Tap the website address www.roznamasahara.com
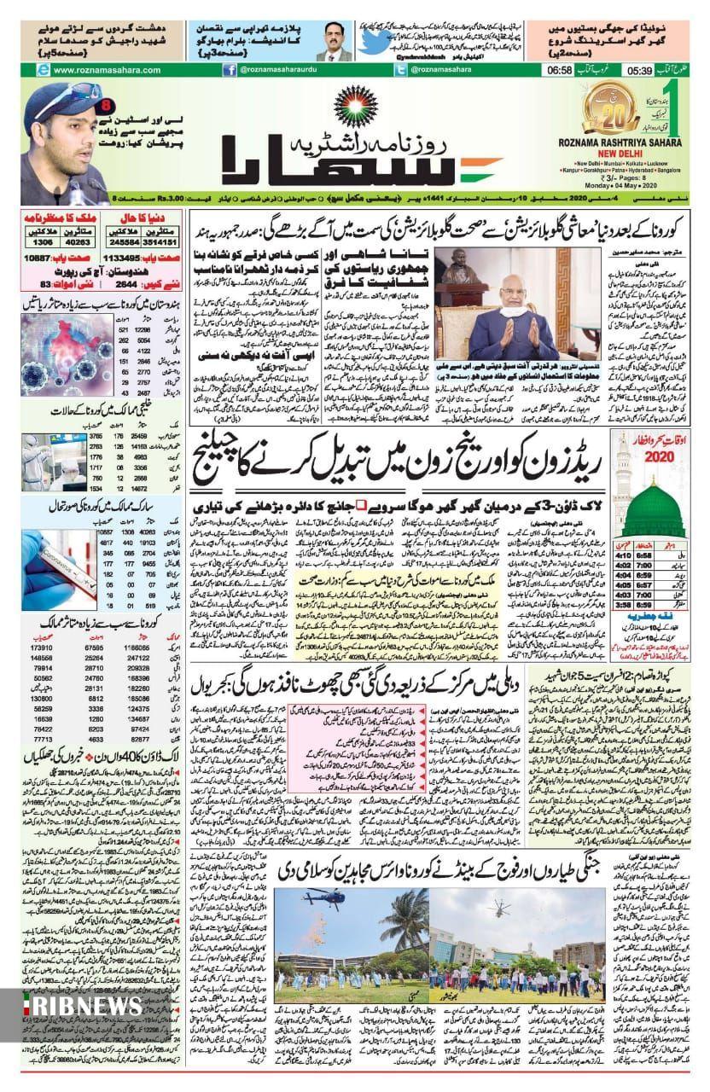(x=84, y=71)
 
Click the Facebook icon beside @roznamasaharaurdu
(x=230, y=71)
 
